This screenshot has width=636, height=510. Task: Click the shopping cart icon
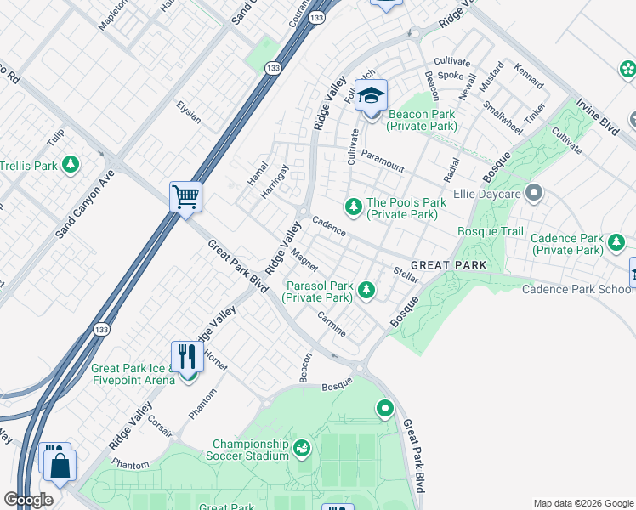tap(185, 197)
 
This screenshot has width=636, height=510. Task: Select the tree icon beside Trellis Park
tap(72, 164)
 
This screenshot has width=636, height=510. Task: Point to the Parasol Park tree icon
tap(366, 291)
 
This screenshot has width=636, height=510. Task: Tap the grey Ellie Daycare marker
tap(534, 194)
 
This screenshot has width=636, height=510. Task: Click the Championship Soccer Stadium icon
tap(302, 448)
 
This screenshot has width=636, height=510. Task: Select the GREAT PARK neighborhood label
tap(449, 265)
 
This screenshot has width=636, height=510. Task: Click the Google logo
tap(28, 499)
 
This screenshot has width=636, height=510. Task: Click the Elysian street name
tap(188, 112)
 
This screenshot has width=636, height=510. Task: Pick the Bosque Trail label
tap(491, 231)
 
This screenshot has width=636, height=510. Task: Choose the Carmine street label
tap(332, 324)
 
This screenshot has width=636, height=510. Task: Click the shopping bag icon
tap(61, 467)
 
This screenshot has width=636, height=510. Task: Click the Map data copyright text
tap(582, 502)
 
